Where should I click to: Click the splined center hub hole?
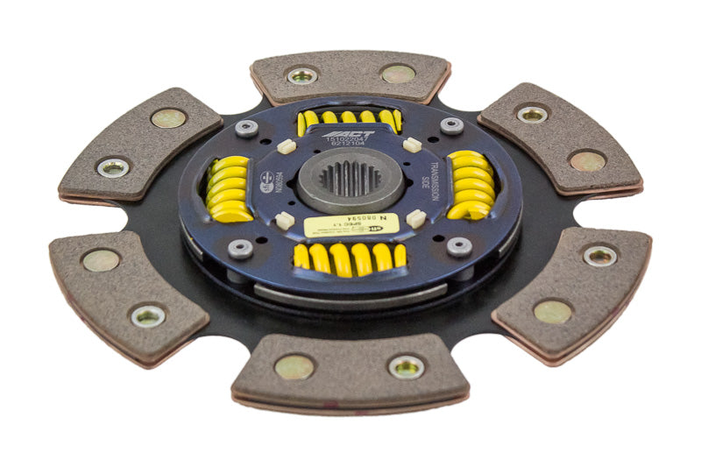coord(350,179)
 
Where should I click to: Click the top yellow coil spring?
coord(349,119)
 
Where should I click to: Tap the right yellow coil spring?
coord(471,185)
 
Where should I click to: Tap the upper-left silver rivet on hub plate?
coord(246,128)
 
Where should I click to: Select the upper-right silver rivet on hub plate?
coord(451,125)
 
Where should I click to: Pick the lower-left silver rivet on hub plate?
coord(241,249)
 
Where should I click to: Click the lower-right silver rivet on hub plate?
coord(459,246)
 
